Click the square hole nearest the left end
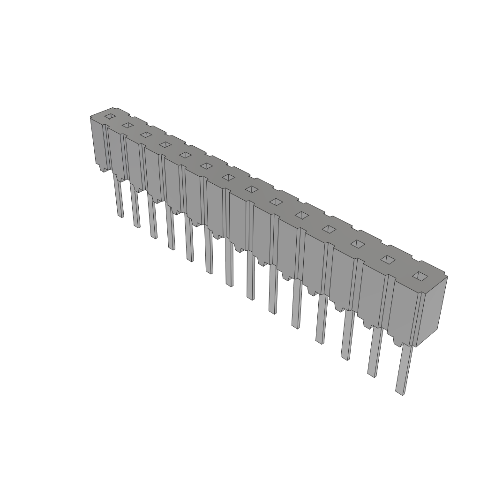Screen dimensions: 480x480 coord(110,116)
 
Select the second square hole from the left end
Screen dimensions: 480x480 coord(127,125)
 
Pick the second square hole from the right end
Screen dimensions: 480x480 coord(388,260)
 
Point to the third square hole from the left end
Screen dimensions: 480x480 coord(146,135)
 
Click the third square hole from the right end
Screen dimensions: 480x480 coord(358,244)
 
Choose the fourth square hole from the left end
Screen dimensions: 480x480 coord(165,145)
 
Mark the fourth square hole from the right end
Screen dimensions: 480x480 coord(329,229)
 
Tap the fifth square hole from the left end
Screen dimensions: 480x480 coord(185,155)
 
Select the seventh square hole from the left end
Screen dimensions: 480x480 coord(228,177)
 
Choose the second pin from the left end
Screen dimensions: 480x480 coord(135,209)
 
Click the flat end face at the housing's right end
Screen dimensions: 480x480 coord(431,312)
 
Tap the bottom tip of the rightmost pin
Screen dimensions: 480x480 coord(399,392)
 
